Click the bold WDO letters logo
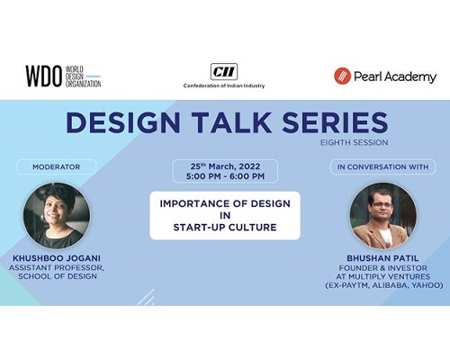point(43,76)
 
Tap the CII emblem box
point(224,72)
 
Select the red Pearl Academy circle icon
point(342,76)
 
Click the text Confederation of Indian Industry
point(224,85)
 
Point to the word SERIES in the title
point(335,122)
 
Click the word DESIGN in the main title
point(123,122)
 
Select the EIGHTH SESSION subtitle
point(355,142)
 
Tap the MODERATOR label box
point(57,166)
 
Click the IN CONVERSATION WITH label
point(382,166)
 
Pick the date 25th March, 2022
point(225,166)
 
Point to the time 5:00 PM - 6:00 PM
point(225,176)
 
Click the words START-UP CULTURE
point(225,228)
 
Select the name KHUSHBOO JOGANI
point(57,258)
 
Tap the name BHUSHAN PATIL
point(382,258)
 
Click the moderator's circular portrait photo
point(57,215)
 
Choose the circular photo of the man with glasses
point(383,215)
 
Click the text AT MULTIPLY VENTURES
point(383,276)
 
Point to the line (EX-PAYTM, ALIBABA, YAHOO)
point(384,285)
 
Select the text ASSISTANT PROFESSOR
point(56,268)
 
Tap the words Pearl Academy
point(395,76)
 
